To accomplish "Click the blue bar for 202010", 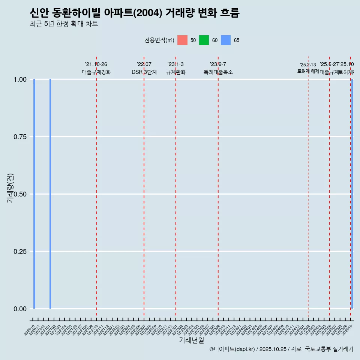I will pyautogui.click(x=34, y=194).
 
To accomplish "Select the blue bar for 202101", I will pyautogui.click(x=50, y=194).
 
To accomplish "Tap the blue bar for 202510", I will pyautogui.click(x=352, y=194).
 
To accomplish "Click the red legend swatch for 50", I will pyautogui.click(x=182, y=40).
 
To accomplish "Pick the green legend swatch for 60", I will pyautogui.click(x=204, y=40).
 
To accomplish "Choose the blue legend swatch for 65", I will pyautogui.click(x=226, y=40).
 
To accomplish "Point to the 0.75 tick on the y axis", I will pyautogui.click(x=20, y=137).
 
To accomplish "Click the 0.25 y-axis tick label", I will pyautogui.click(x=20, y=252).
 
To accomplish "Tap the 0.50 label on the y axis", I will pyautogui.click(x=20, y=194).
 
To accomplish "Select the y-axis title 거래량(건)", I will pyautogui.click(x=10, y=188).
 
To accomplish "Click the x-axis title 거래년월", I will pyautogui.click(x=192, y=340).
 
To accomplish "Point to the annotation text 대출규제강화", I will pyautogui.click(x=96, y=72).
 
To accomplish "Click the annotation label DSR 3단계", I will pyautogui.click(x=144, y=72).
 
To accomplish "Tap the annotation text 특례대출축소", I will pyautogui.click(x=218, y=72).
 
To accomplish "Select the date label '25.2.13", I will pyautogui.click(x=308, y=65).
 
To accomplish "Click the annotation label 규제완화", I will pyautogui.click(x=176, y=72).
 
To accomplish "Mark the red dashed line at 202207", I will pyautogui.click(x=144, y=187).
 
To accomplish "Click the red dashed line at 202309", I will pyautogui.click(x=218, y=187).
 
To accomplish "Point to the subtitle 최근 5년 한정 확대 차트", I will pyautogui.click(x=64, y=24).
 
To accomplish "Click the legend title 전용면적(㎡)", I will pyautogui.click(x=159, y=40).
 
